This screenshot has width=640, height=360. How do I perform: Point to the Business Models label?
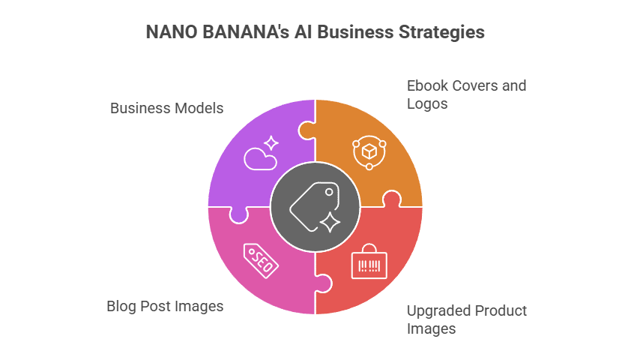click(x=166, y=108)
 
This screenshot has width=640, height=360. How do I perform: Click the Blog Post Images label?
click(x=165, y=306)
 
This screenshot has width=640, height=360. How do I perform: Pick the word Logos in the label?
click(x=427, y=103)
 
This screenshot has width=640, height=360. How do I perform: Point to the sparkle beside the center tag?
click(x=329, y=221)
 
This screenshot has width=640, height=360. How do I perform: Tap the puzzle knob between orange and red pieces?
click(x=390, y=199)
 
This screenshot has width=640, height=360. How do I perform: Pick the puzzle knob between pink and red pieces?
click(x=323, y=283)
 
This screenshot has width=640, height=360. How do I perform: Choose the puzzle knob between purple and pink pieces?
click(x=239, y=214)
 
